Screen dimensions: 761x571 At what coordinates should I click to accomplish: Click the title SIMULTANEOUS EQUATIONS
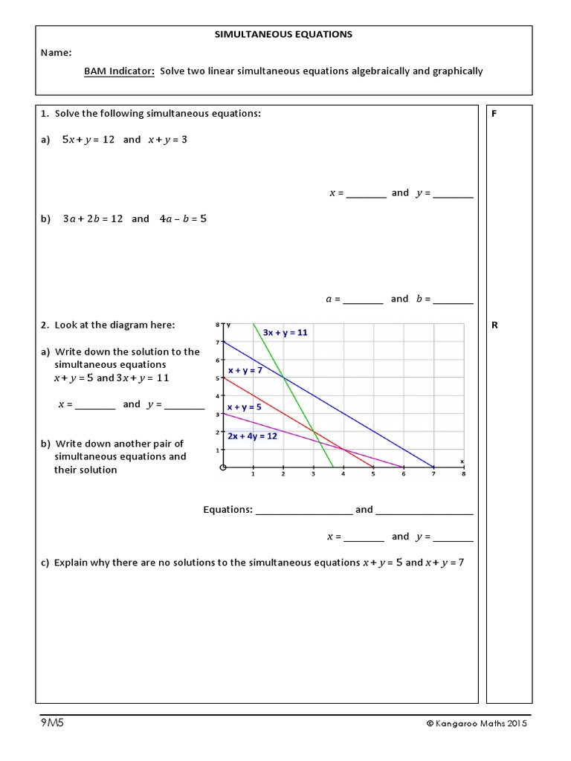pos(283,34)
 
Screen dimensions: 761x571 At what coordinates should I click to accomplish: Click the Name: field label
pos(57,53)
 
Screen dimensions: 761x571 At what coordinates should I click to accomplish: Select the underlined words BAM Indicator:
pos(119,71)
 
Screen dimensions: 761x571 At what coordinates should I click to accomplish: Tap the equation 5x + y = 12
pos(88,140)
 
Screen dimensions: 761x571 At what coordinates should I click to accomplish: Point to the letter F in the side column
pos(494,114)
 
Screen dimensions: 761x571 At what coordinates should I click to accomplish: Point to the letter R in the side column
pos(495,326)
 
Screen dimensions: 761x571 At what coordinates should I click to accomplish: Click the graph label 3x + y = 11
pos(285,333)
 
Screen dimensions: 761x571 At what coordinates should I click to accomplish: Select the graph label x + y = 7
pos(245,370)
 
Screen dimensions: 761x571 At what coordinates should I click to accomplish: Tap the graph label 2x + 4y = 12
pos(252,436)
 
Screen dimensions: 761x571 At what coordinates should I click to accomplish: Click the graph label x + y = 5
pos(244,407)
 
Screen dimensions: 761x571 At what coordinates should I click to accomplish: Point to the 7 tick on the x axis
pos(433,474)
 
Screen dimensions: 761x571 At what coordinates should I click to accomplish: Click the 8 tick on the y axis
pos(218,325)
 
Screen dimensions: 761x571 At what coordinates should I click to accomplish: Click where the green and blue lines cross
pos(283,378)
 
